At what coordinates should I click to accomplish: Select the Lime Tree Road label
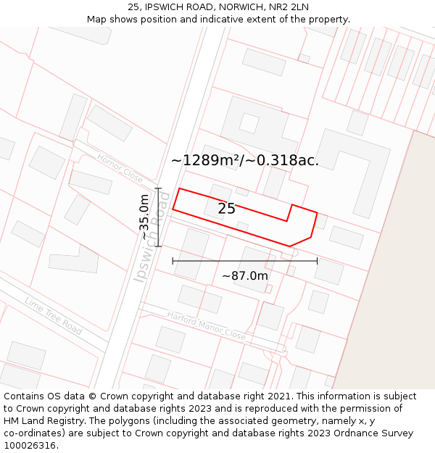(54, 316)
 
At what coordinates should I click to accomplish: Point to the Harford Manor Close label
(207, 326)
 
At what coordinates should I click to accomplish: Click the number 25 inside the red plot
(226, 209)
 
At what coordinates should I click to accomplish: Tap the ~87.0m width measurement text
(245, 276)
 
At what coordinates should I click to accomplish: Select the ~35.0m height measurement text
(144, 217)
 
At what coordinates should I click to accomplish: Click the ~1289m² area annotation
(244, 160)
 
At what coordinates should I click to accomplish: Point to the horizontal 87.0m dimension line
(245, 261)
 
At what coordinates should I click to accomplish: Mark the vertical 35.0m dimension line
(158, 217)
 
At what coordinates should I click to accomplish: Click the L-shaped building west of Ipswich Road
(76, 259)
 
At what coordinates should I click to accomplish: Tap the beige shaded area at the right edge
(391, 290)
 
